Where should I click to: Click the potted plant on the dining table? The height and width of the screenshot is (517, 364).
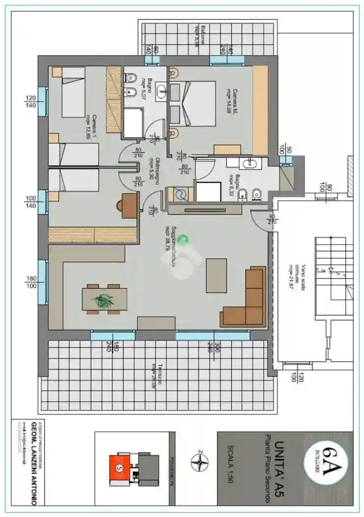click(103, 300)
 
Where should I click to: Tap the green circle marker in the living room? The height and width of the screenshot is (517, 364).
click(183, 240)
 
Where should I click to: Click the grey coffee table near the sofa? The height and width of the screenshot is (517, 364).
click(216, 275)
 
